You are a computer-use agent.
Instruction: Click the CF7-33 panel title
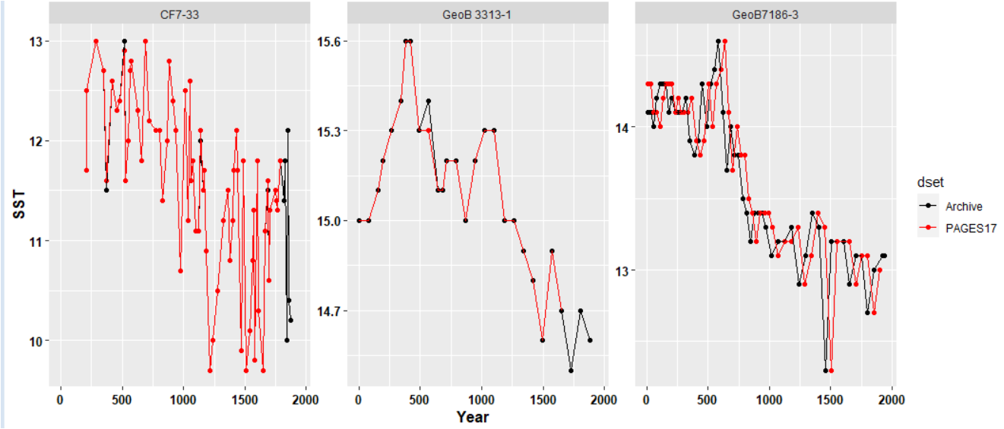pos(182,13)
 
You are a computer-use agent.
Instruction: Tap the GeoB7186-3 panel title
pos(765,13)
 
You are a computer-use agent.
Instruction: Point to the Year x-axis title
pos(472,417)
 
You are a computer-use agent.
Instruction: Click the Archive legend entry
pos(964,207)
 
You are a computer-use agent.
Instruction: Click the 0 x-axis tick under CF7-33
pos(61,398)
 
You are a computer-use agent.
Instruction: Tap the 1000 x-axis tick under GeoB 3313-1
pos(482,398)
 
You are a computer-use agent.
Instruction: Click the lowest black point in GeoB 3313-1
pos(571,371)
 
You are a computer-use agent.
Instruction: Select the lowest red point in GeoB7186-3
pos(831,371)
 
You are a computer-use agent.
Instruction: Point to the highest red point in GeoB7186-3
pos(725,41)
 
